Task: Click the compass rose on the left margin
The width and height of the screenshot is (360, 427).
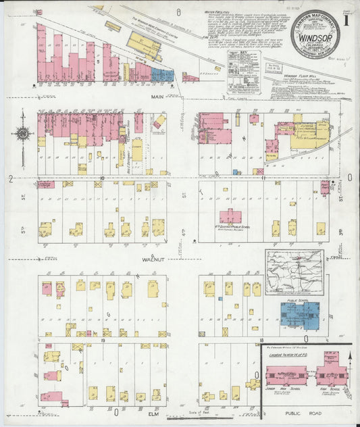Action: coord(22,133)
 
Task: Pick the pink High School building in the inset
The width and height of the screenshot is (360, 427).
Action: coord(330,374)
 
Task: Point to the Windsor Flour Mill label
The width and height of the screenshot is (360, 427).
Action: coord(300,76)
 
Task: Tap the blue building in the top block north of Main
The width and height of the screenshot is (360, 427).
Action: coord(162,74)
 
